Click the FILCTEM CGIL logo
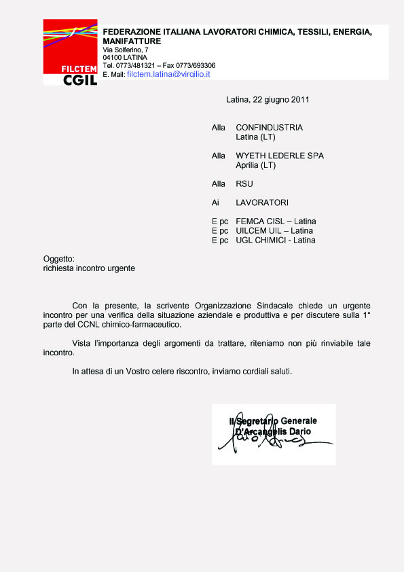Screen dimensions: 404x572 pos(71,53)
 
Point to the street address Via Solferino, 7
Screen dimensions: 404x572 pos(126,50)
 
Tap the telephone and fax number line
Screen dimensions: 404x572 pos(159,65)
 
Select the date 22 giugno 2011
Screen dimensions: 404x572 pos(281,99)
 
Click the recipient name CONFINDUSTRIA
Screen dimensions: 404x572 pos(269,128)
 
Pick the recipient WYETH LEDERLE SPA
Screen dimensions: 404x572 pos(279,156)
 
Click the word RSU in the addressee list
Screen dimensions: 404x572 pos(244,183)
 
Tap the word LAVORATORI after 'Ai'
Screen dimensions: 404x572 pos(262,202)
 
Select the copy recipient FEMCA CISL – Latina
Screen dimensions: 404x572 pos(276,221)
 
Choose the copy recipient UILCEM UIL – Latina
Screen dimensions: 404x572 pos(274,231)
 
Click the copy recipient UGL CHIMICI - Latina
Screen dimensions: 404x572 pos(276,240)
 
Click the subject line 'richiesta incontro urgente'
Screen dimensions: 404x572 pos(89,268)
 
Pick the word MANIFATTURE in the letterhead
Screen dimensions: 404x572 pos(132,41)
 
